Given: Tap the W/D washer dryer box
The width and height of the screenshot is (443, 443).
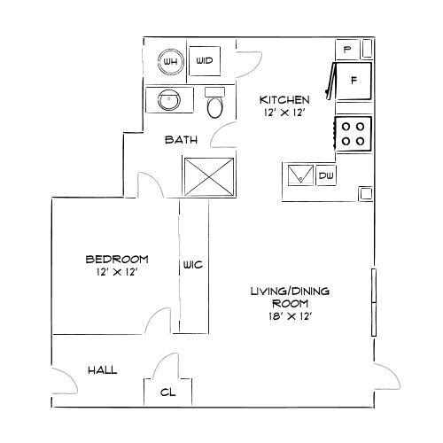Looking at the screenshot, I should click(x=205, y=61).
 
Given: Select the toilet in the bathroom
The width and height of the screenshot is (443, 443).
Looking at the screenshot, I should click(x=214, y=106).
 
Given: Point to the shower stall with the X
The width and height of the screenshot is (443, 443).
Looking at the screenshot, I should click(x=209, y=175).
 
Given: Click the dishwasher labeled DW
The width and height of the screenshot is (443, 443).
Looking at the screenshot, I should click(x=325, y=175).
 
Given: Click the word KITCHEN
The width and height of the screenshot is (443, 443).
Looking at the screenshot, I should click(x=284, y=99).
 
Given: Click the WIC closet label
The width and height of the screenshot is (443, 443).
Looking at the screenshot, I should click(x=194, y=265).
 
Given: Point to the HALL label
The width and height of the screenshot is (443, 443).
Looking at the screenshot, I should click(x=103, y=370).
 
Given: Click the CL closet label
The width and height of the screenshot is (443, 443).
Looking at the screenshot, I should click(x=167, y=392).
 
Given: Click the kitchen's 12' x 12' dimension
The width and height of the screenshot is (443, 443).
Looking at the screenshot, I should click(x=284, y=113).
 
